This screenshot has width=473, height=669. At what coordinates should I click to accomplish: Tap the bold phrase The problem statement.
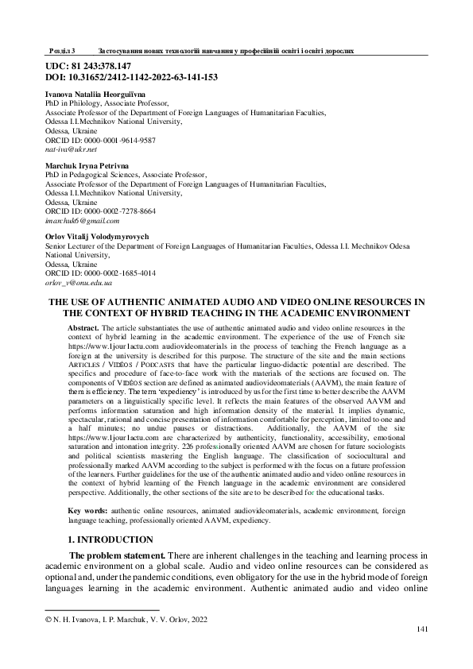118,555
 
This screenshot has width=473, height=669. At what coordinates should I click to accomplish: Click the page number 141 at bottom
423,628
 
